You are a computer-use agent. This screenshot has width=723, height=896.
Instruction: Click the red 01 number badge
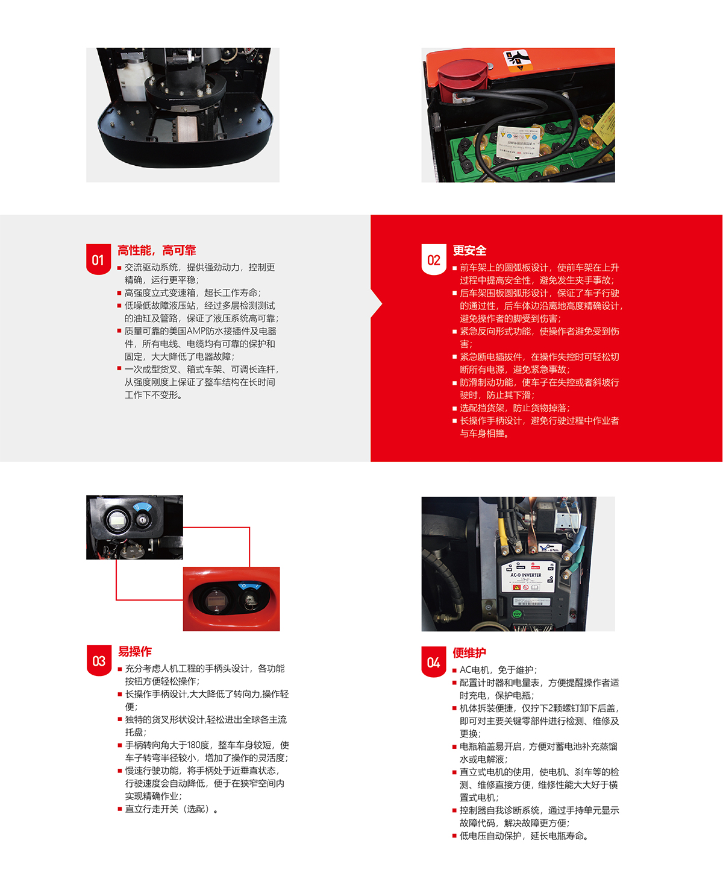click(98, 260)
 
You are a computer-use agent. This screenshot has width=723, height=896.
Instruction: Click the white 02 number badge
click(433, 260)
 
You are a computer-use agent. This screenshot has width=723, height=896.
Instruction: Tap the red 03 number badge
click(98, 661)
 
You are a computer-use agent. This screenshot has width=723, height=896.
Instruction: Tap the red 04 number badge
click(433, 662)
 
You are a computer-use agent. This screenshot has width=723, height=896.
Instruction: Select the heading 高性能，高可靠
click(157, 250)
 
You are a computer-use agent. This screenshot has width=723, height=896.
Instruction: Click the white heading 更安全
click(469, 250)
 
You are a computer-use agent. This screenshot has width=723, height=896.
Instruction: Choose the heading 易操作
click(135, 651)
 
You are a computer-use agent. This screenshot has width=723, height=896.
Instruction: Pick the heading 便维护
click(469, 652)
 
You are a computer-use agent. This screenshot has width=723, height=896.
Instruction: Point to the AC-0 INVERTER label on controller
click(525, 575)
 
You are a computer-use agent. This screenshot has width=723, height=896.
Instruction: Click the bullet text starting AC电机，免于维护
click(498, 670)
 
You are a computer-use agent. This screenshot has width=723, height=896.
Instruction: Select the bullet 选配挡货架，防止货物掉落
click(514, 408)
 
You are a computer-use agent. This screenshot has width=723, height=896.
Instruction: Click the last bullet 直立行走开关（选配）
click(171, 809)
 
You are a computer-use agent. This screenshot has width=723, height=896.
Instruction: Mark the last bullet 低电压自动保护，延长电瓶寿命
click(524, 836)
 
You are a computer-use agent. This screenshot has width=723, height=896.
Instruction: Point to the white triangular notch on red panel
click(377, 304)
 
